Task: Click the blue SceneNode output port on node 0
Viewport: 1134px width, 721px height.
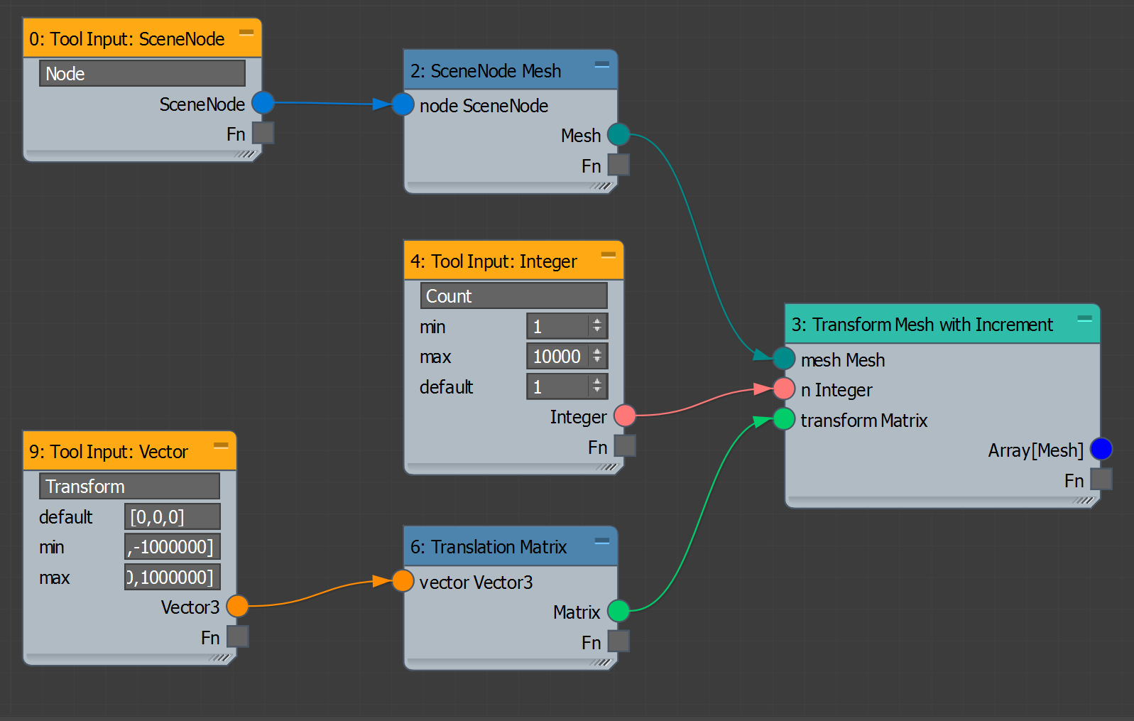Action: coord(263,103)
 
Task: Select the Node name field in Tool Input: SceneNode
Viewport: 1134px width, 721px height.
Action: coord(142,73)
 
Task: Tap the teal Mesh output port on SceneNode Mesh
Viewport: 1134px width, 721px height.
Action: coord(618,134)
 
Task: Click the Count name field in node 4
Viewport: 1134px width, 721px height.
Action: coord(513,296)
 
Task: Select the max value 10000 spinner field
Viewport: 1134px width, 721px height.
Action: coord(558,356)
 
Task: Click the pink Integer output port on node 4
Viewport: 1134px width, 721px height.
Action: coord(625,416)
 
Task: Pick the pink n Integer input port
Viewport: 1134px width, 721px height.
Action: coord(784,389)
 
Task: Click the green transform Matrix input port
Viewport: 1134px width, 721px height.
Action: coord(784,419)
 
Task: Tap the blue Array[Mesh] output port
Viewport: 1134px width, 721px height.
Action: coord(1101,449)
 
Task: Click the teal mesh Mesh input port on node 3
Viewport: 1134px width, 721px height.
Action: coord(784,359)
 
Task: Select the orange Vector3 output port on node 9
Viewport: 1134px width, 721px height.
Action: coord(237,606)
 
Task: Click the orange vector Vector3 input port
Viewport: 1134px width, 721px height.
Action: coord(403,581)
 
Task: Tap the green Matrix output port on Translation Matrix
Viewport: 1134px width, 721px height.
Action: coord(618,611)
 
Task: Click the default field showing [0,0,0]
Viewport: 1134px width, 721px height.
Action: coord(172,516)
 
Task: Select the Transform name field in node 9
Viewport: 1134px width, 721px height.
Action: coord(129,486)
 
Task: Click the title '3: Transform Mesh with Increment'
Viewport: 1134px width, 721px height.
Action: coord(922,325)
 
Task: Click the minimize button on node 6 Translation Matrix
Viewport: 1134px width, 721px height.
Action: coord(602,542)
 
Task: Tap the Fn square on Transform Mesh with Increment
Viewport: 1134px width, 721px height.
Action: coord(1101,479)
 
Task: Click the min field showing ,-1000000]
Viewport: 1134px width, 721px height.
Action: coord(172,547)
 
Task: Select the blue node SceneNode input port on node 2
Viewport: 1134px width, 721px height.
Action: coord(403,104)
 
